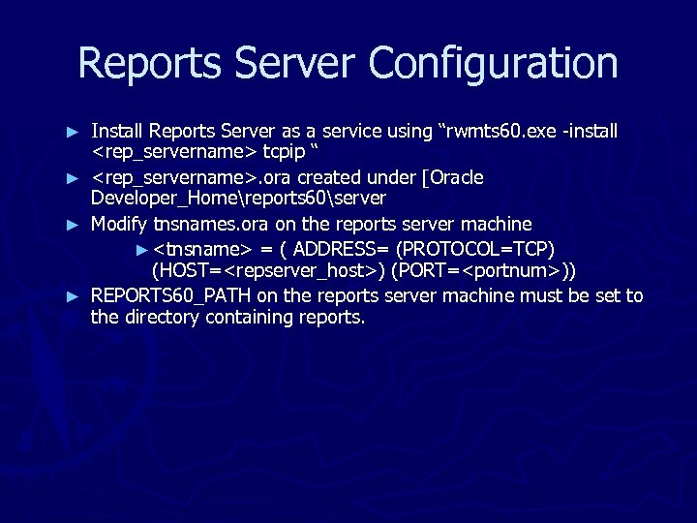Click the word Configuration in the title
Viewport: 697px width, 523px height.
point(493,64)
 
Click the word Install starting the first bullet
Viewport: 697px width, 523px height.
point(115,130)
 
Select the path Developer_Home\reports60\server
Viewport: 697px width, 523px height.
point(238,199)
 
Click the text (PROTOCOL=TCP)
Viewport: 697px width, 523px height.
point(474,248)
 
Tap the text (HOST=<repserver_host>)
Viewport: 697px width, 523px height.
point(268,270)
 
